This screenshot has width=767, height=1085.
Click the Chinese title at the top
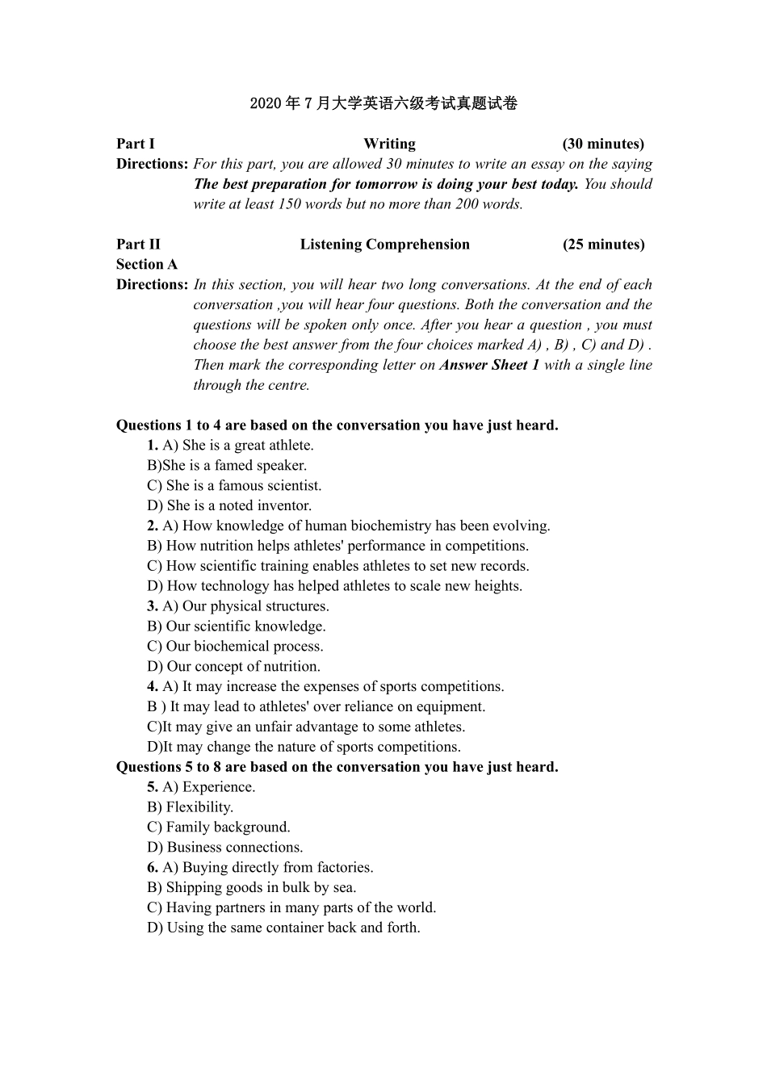tap(383, 103)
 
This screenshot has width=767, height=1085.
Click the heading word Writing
tap(389, 144)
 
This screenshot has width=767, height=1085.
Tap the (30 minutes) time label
tap(603, 144)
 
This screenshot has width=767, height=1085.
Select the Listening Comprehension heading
tap(384, 245)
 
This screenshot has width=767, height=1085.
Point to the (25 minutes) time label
tap(603, 245)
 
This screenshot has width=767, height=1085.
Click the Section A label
tap(146, 265)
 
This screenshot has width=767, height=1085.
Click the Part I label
tap(135, 144)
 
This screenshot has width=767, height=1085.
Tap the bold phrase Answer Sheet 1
tap(489, 365)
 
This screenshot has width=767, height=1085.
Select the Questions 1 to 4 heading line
tap(337, 425)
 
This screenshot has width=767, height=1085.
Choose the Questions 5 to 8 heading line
tap(337, 767)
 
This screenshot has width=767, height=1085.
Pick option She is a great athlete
tap(238, 446)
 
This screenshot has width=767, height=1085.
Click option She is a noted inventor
tap(229, 506)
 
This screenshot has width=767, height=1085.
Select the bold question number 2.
tap(152, 526)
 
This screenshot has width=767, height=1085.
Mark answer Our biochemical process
tap(235, 647)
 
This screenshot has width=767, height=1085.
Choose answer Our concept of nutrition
tap(233, 667)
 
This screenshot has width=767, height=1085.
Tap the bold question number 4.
tap(152, 687)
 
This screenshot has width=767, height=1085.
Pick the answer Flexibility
tap(191, 807)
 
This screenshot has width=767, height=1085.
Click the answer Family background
tap(219, 827)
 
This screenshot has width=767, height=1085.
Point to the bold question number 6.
tap(152, 868)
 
